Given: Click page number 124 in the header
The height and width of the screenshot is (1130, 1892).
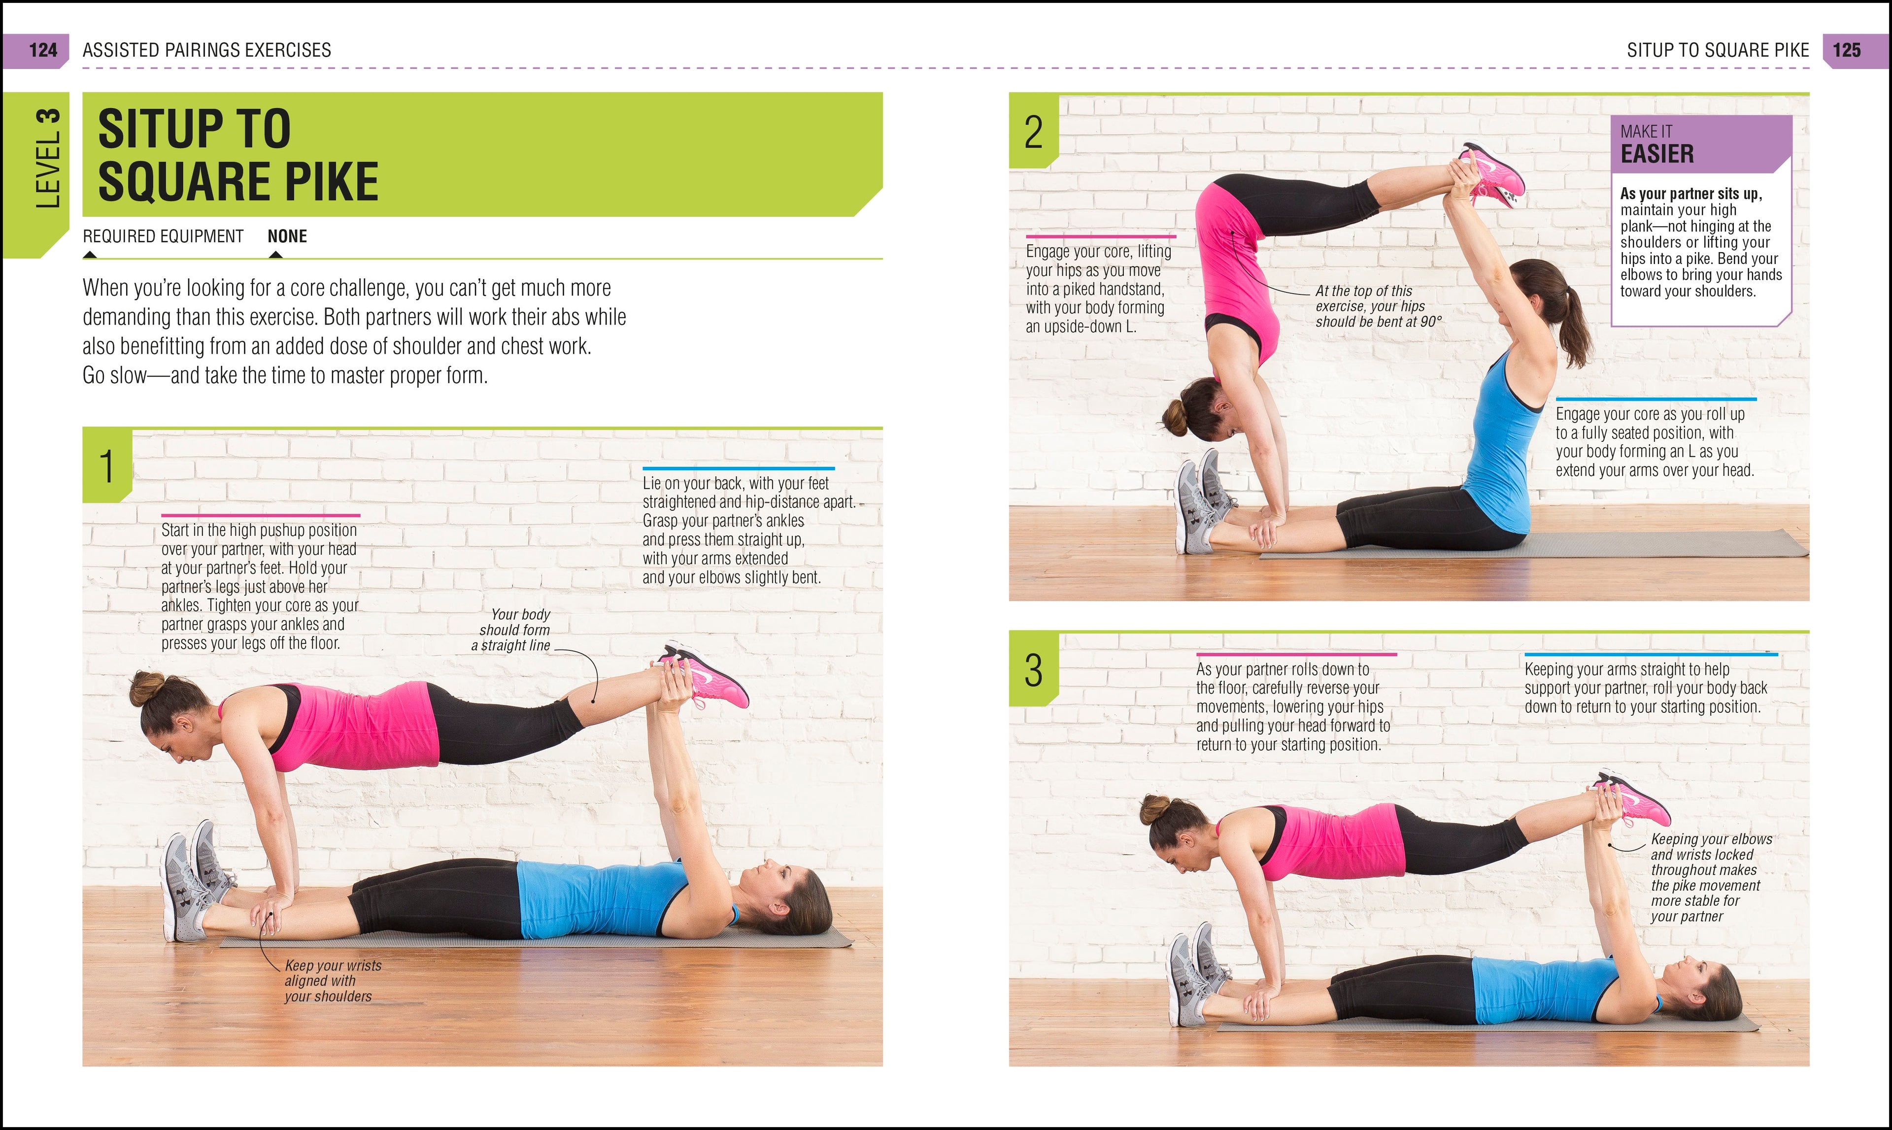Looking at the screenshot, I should point(43,50).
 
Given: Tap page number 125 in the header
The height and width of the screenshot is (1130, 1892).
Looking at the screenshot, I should point(1846,50).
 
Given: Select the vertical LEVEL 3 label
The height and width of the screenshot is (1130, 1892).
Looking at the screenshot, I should point(47,159).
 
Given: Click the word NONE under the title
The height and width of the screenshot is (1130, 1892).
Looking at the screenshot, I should point(287,237).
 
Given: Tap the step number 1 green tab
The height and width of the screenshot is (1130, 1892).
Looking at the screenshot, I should point(106,466).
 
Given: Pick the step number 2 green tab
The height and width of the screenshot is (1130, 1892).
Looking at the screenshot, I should point(1033,133).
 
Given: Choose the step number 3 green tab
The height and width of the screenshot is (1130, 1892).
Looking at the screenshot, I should point(1033,670).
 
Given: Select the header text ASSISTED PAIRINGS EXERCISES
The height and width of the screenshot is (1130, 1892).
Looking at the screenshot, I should point(206,50).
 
